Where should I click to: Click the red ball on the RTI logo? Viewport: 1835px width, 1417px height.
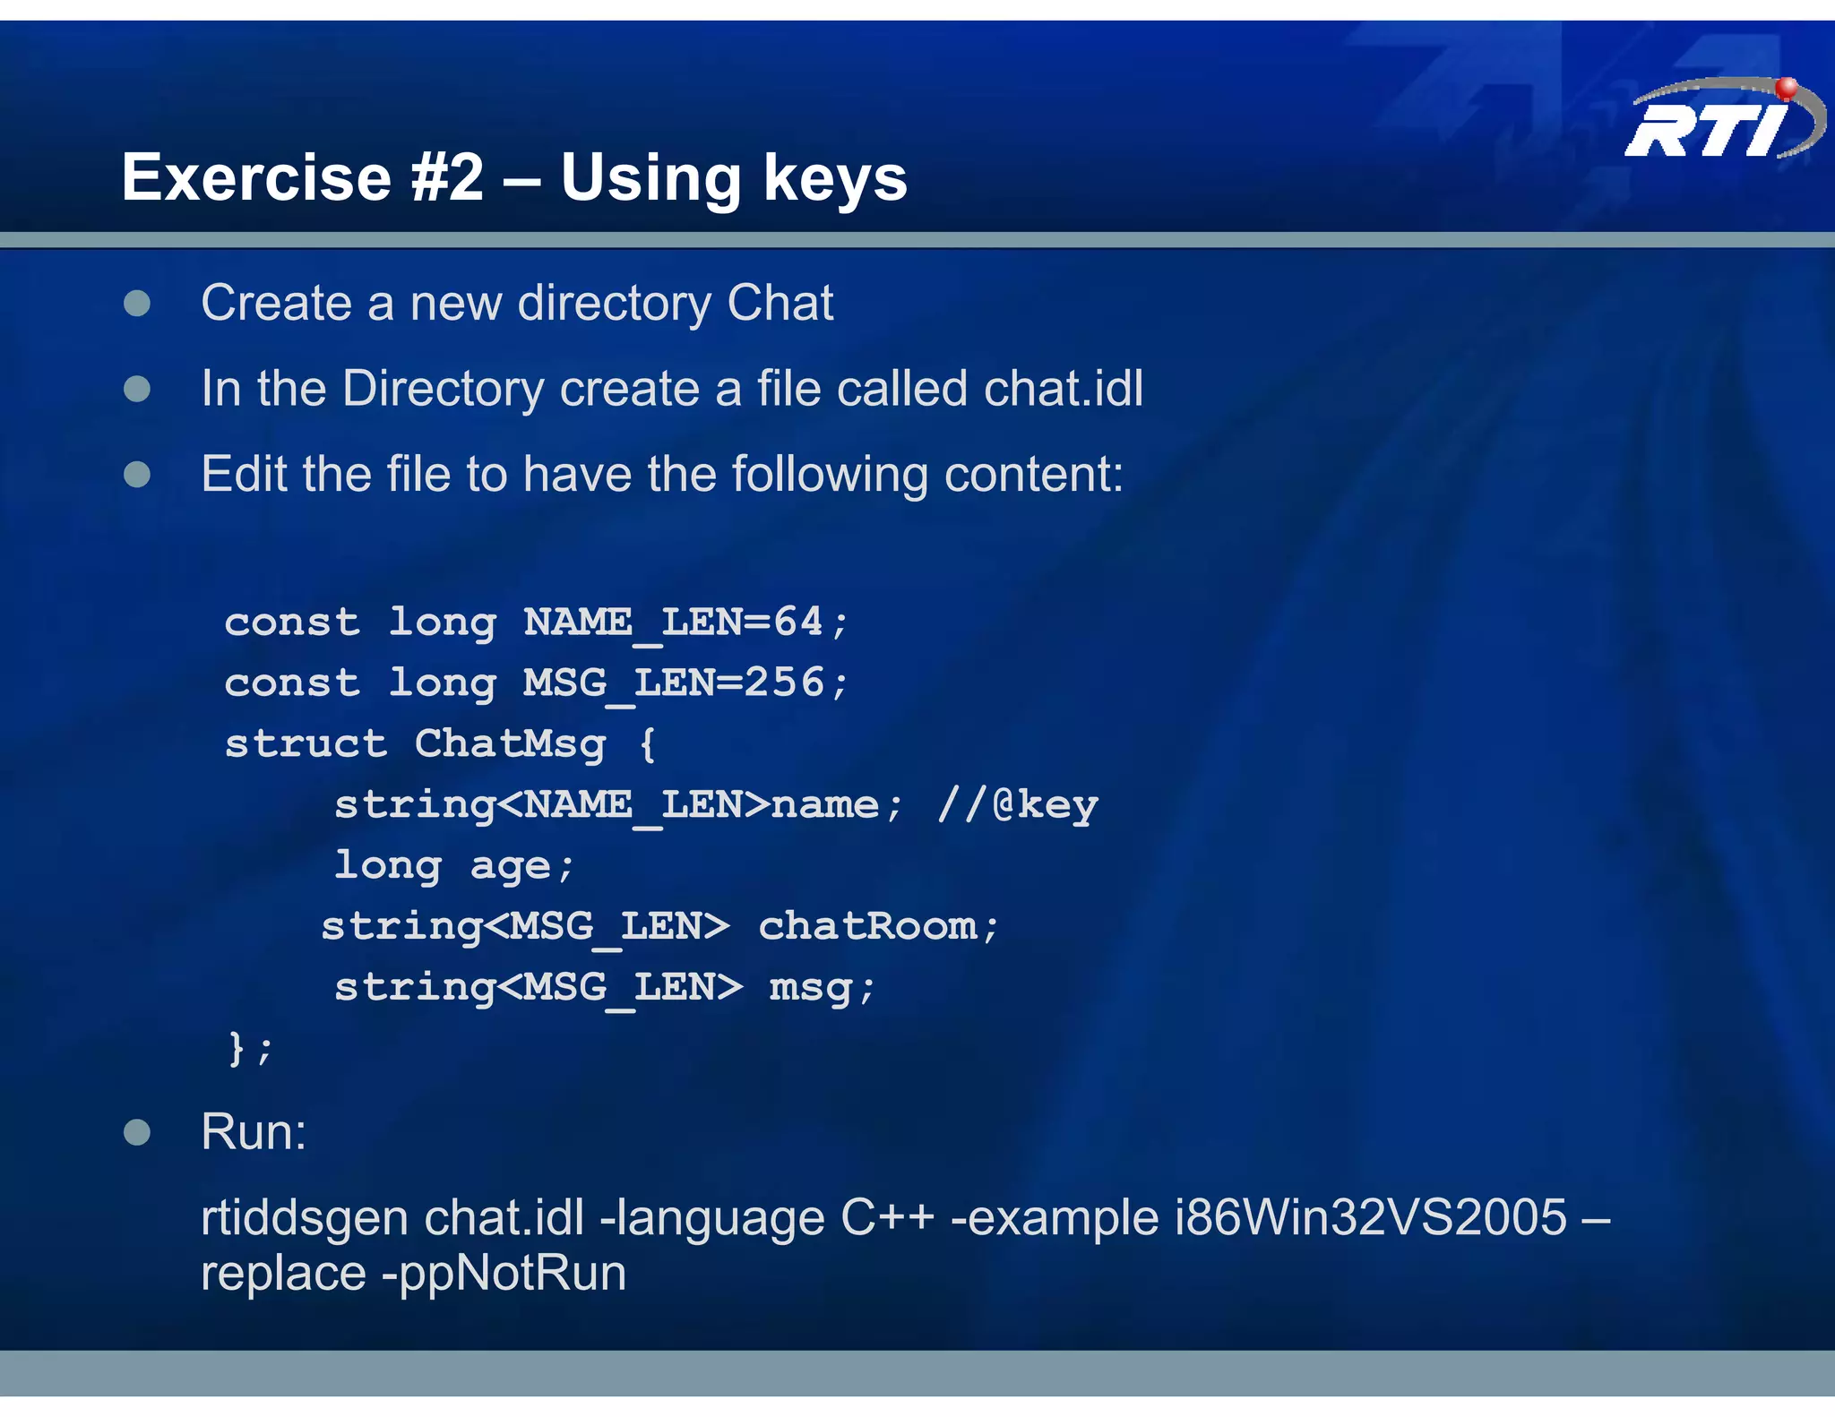(x=1786, y=88)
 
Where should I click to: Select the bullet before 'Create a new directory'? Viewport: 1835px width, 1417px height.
(x=137, y=304)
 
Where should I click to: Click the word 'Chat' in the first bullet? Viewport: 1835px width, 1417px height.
(x=780, y=303)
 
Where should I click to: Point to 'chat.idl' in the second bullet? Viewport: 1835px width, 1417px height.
(x=1063, y=389)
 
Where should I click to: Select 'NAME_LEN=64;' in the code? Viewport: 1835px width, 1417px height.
(x=685, y=623)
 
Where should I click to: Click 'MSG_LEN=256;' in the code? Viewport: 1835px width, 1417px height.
(x=685, y=683)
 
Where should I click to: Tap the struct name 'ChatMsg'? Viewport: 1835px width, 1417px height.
(x=510, y=744)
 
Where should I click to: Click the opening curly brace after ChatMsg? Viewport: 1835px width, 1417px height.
(x=648, y=744)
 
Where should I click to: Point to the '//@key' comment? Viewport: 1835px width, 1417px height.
(x=1017, y=804)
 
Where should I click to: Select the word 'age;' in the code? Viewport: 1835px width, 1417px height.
(x=521, y=866)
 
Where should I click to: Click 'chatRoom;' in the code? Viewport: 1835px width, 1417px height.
(x=878, y=926)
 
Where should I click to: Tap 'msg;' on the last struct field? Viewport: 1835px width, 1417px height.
(x=822, y=987)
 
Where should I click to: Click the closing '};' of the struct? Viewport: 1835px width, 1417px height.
(x=250, y=1048)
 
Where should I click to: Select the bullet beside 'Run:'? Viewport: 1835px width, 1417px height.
(x=137, y=1132)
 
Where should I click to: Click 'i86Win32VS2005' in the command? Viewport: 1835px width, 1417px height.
(x=1370, y=1218)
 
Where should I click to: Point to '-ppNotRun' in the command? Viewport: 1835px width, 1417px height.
(x=504, y=1274)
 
